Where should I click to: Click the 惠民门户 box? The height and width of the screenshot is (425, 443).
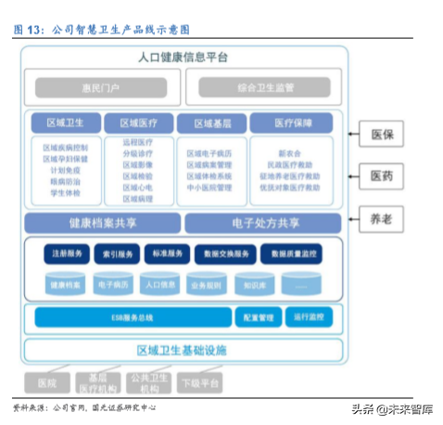pyautogui.click(x=104, y=88)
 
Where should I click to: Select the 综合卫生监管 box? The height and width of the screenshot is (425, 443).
pyautogui.click(x=265, y=88)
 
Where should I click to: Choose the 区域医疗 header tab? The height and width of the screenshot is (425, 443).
pyautogui.click(x=137, y=123)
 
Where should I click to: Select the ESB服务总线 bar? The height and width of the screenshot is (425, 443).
pyautogui.click(x=127, y=317)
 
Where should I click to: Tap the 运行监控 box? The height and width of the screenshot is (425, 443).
pyautogui.click(x=307, y=317)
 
